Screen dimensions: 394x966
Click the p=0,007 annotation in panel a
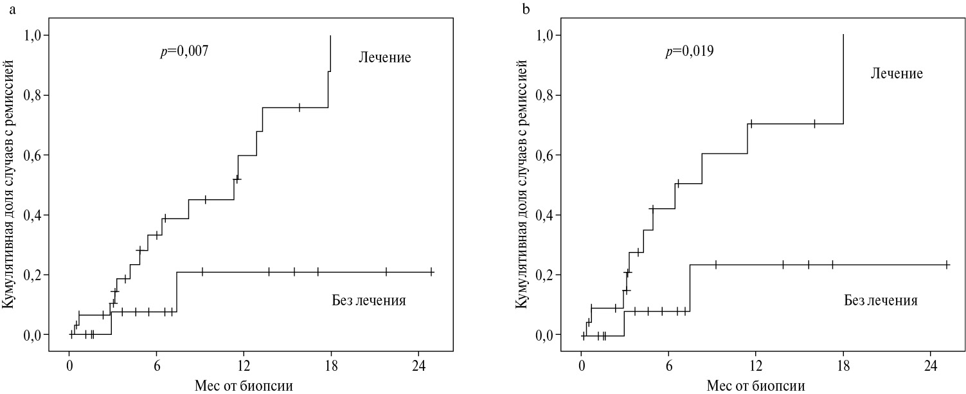pos(184,52)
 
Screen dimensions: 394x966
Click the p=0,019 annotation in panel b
pos(689,52)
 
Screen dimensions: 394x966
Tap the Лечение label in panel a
pos(384,58)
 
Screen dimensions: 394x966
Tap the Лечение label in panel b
pos(897,74)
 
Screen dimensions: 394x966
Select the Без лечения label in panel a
pos(368,300)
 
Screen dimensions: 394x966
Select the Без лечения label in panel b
pos(880,300)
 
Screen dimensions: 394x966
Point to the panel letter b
pos(526,9)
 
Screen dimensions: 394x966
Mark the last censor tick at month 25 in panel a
pos(432,272)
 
